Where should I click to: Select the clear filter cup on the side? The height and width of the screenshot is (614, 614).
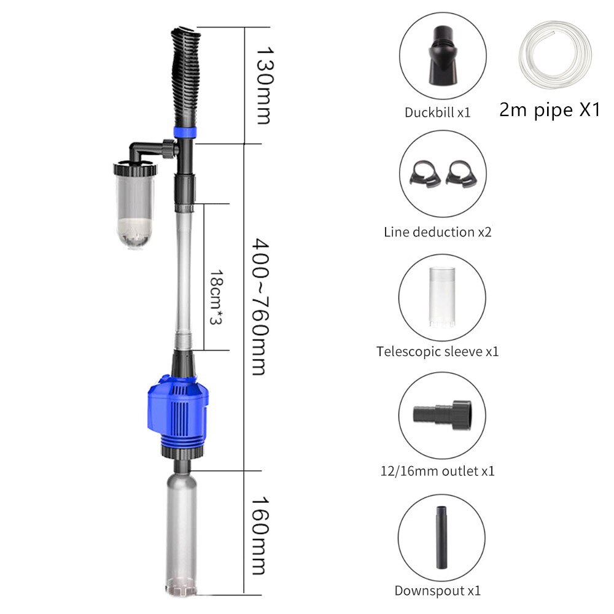coord(133,206)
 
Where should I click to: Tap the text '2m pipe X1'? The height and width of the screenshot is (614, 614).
coord(549,111)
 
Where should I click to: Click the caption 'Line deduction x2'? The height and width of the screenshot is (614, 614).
coord(438,232)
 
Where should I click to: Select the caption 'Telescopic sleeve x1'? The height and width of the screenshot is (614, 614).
coord(438,352)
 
